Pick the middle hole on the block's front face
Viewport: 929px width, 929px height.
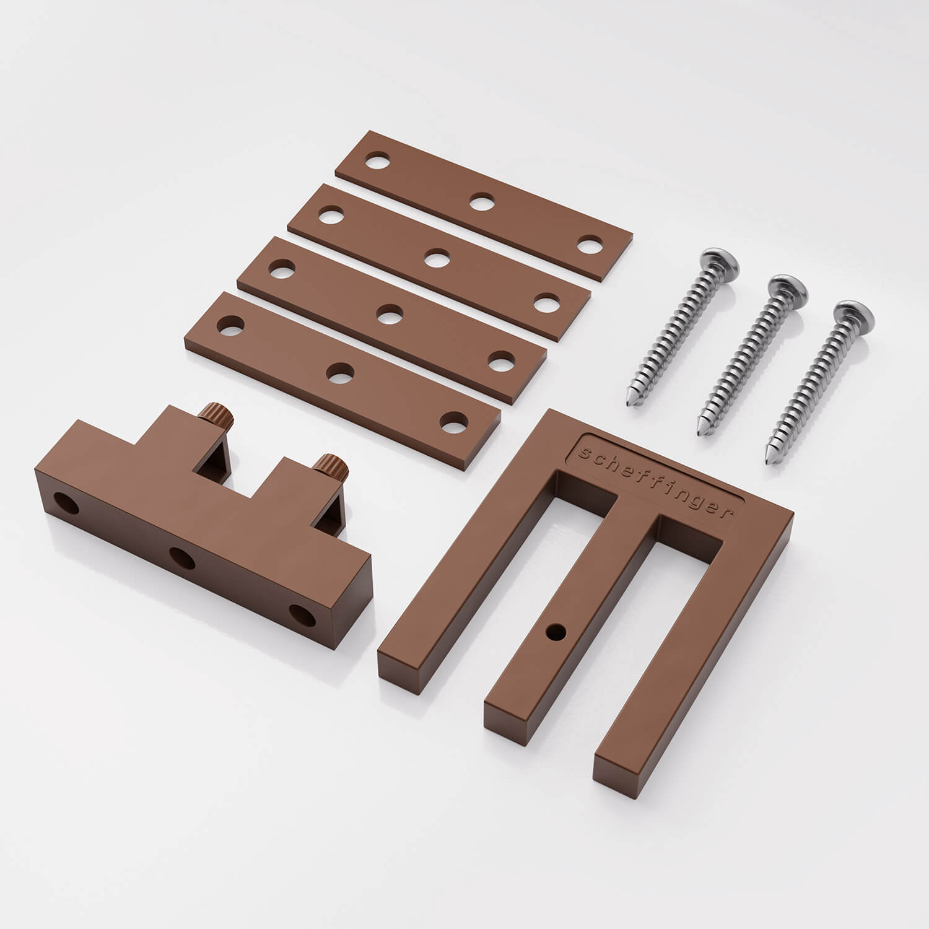182,559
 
